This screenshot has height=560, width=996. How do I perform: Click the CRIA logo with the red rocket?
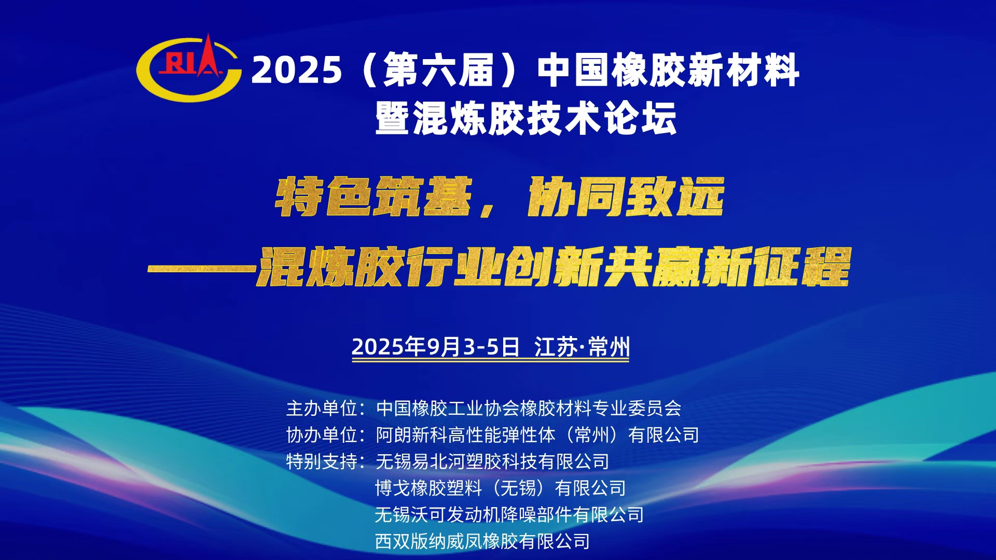coord(189,68)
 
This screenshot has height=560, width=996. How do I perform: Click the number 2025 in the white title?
coord(297,70)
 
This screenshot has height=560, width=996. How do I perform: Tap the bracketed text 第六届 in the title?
coord(438,70)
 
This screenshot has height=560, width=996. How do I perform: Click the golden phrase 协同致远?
coord(626,197)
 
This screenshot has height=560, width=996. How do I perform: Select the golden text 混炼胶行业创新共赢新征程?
coord(553,267)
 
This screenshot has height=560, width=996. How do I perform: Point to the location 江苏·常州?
coord(582,346)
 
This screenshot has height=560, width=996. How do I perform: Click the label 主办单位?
coord(322,409)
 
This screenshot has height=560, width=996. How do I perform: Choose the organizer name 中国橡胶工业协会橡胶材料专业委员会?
coord(529,409)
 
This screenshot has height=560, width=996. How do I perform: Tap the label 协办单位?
coord(322,435)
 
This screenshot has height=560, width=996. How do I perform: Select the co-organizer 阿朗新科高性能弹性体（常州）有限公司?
coord(537,435)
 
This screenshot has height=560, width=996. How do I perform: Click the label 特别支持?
coord(322,461)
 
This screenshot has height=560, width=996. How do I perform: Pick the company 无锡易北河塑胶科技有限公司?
coord(492,461)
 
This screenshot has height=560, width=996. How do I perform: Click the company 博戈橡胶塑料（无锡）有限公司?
coord(501,488)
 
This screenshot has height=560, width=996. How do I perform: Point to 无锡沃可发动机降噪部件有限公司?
coord(509,515)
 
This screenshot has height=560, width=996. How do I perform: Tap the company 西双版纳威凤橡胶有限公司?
coord(482,541)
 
